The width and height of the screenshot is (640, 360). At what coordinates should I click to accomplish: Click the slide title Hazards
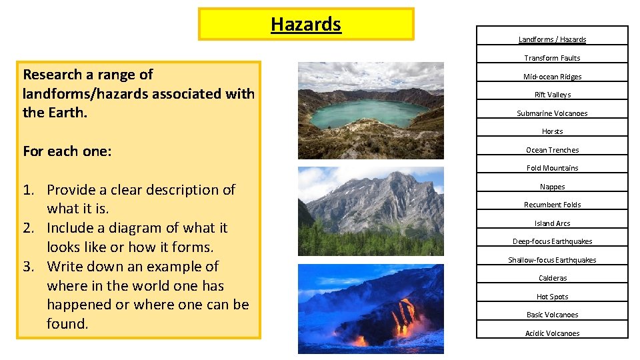(306, 25)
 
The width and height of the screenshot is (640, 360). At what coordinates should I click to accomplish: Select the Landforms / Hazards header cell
(552, 39)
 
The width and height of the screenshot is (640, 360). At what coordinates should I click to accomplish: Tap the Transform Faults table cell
(552, 58)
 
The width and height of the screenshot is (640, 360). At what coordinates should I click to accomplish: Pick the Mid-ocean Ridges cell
(552, 77)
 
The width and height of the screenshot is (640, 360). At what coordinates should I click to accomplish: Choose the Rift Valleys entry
(552, 95)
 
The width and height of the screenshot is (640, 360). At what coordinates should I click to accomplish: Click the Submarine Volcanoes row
(552, 113)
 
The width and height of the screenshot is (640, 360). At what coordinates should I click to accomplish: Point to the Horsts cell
(552, 131)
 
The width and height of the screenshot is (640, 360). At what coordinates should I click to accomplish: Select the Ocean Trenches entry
(552, 150)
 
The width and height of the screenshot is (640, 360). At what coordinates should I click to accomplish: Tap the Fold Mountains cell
(552, 168)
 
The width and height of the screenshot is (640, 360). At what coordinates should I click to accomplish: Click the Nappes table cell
(552, 187)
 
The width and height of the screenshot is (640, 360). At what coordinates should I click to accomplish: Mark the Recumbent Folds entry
(552, 205)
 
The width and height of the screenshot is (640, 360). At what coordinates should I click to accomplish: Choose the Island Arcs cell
(552, 223)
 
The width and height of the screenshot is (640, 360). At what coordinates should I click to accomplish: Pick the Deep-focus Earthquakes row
(552, 241)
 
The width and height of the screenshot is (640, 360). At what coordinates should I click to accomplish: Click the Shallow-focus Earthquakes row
(552, 260)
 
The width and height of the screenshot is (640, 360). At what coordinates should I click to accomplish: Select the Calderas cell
(552, 278)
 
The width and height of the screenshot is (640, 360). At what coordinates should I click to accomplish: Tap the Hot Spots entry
(552, 297)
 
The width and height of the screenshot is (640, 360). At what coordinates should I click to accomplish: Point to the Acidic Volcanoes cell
(552, 333)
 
